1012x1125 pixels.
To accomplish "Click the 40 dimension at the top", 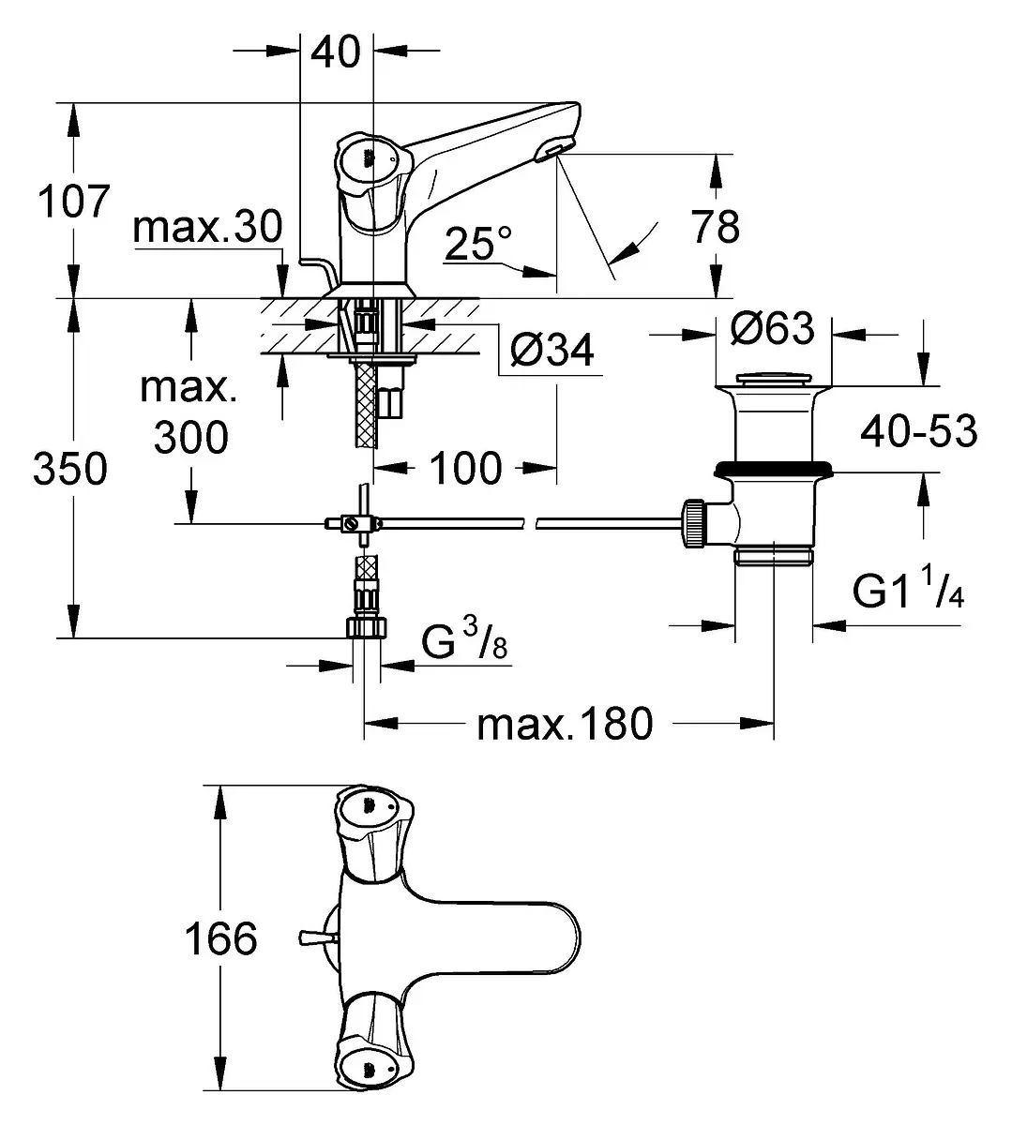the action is pyautogui.click(x=336, y=52).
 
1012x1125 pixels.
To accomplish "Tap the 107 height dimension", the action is pyautogui.click(x=73, y=201).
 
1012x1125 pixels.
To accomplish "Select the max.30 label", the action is pyautogui.click(x=207, y=227).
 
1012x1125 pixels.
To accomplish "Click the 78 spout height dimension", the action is pyautogui.click(x=715, y=226).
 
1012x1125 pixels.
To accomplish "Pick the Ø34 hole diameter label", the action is pyautogui.click(x=552, y=350).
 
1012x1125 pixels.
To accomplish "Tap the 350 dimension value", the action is pyautogui.click(x=70, y=469).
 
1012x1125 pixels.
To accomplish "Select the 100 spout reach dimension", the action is pyautogui.click(x=465, y=468).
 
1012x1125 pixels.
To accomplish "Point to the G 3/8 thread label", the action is pyautogui.click(x=464, y=641).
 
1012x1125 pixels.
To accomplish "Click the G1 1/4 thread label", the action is pyautogui.click(x=908, y=588).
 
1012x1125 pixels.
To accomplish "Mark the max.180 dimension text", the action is pyautogui.click(x=565, y=724).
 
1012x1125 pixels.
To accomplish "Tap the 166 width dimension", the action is pyautogui.click(x=221, y=938).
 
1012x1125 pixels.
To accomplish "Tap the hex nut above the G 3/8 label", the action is pyautogui.click(x=367, y=626).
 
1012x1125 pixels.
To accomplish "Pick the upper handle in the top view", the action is pyautogui.click(x=372, y=832).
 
